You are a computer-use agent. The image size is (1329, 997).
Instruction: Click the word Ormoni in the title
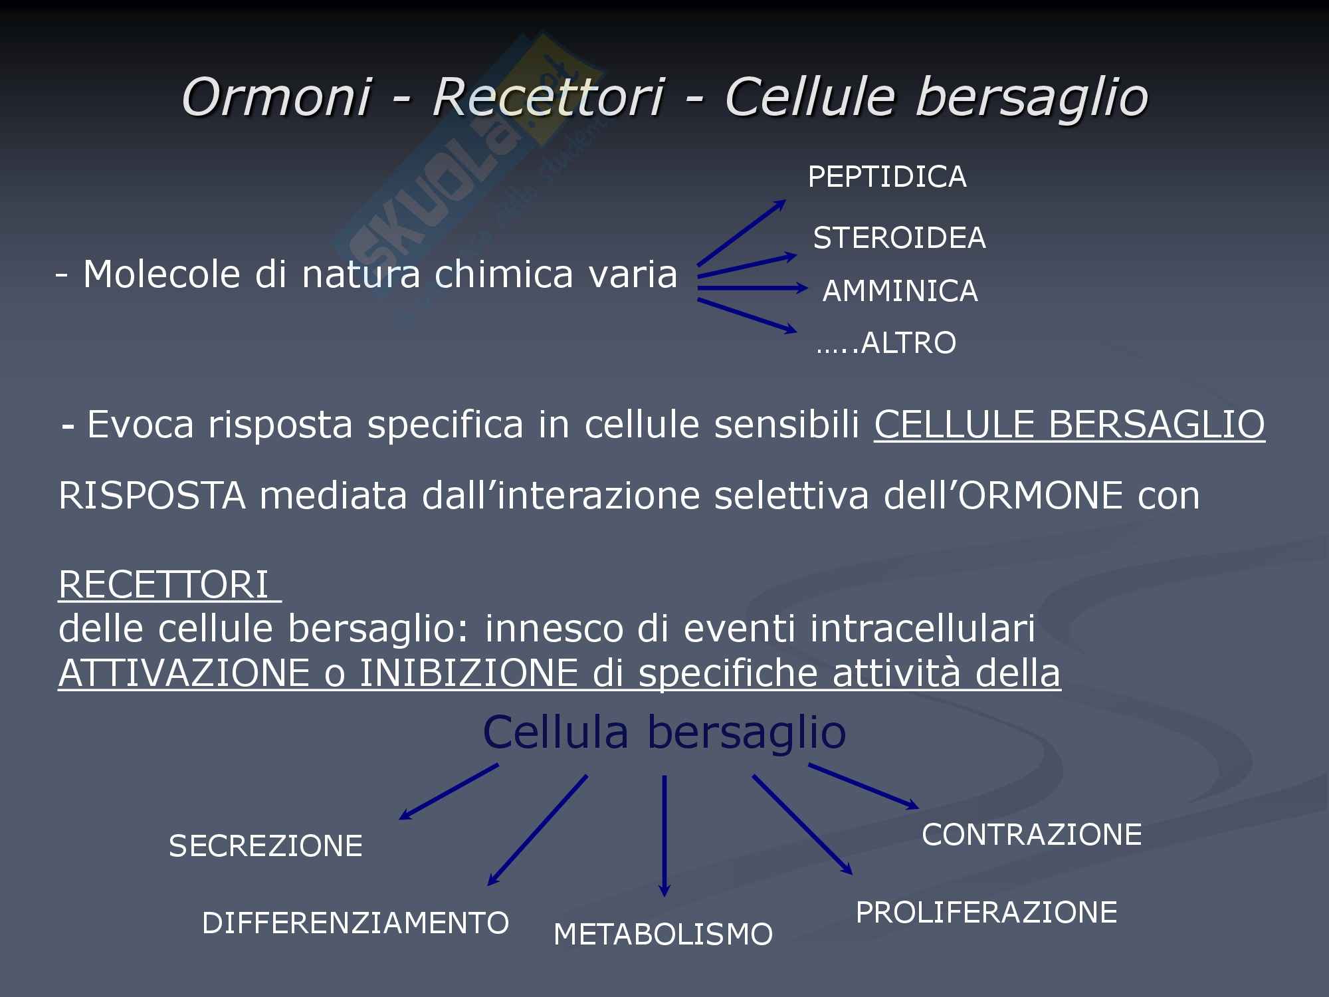point(276,97)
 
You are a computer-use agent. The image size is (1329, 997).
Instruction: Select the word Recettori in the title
point(548,97)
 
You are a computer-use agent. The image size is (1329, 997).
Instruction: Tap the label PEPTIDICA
point(887,177)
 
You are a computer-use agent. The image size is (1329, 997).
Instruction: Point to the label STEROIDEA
point(900,238)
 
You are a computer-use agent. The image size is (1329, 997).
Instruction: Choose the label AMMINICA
point(900,291)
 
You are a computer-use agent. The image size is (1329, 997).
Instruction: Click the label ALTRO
point(908,343)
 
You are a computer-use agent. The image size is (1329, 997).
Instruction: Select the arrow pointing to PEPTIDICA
point(742,233)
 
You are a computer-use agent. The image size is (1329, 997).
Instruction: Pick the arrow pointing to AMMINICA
point(753,288)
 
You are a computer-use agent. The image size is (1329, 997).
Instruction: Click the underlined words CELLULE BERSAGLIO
point(1069,424)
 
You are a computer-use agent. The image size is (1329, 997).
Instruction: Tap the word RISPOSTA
point(152,496)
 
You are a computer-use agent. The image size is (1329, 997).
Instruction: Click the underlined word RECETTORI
point(163,585)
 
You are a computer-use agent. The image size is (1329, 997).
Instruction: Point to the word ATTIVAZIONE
point(184,673)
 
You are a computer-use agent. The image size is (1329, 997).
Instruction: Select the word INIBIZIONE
point(468,673)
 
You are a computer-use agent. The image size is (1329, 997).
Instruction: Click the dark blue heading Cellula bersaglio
point(664,732)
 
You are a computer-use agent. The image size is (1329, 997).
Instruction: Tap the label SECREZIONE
point(266,846)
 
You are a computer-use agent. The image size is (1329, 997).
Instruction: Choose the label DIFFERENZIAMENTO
point(356,923)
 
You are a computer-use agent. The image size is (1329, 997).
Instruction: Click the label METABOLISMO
point(663,935)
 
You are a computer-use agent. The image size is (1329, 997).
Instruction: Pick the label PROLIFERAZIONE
point(986,913)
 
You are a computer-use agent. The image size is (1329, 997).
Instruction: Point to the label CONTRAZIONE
point(1032,835)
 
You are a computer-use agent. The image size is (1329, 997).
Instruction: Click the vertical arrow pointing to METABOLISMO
point(664,836)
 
